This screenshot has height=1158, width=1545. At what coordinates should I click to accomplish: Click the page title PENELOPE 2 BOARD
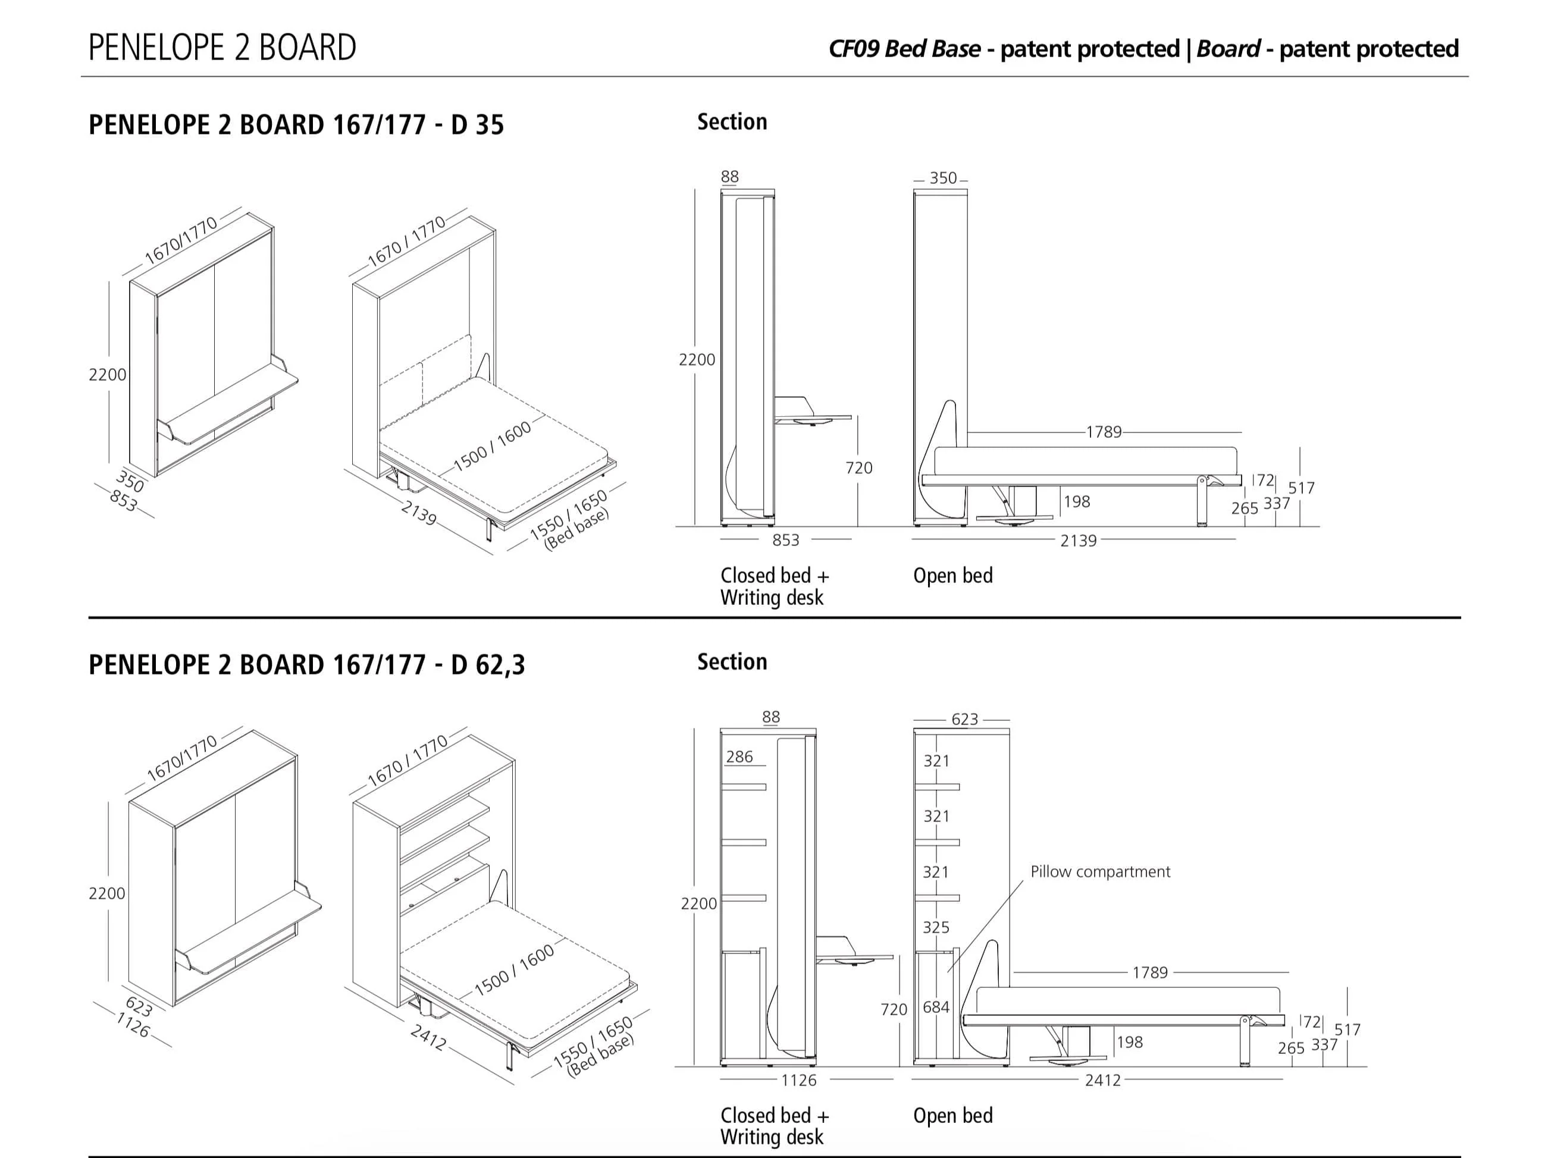(x=222, y=48)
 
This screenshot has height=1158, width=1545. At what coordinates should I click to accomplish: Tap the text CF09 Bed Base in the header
(x=904, y=49)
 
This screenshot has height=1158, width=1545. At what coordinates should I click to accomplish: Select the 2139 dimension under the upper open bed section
(x=1078, y=540)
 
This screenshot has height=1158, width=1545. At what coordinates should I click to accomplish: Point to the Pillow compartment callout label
(x=1100, y=872)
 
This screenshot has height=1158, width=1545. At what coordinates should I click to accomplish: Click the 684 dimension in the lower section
(x=935, y=1007)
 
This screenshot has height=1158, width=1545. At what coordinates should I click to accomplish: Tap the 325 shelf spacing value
(x=935, y=927)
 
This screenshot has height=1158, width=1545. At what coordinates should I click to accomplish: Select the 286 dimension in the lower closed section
(x=739, y=757)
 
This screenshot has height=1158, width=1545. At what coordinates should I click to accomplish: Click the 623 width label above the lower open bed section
(x=964, y=720)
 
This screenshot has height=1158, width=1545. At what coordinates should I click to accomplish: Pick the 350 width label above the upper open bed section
(x=942, y=178)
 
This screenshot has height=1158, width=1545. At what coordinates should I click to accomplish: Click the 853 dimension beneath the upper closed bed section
(x=785, y=540)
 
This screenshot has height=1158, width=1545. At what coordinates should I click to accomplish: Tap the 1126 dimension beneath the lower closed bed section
(x=798, y=1081)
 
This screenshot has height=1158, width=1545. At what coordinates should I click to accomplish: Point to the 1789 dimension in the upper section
(x=1104, y=432)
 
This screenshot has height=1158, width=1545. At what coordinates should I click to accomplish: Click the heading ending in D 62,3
(x=306, y=665)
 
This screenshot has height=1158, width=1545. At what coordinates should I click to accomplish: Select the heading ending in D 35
(x=296, y=125)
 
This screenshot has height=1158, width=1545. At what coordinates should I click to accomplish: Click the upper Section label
(x=731, y=123)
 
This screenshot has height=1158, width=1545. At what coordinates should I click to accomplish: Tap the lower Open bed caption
(x=952, y=1115)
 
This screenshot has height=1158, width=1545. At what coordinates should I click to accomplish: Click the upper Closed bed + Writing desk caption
(x=774, y=586)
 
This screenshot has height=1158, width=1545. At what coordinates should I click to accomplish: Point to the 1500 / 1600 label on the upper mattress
(x=492, y=447)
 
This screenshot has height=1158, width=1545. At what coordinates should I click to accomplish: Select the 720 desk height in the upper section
(x=858, y=468)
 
